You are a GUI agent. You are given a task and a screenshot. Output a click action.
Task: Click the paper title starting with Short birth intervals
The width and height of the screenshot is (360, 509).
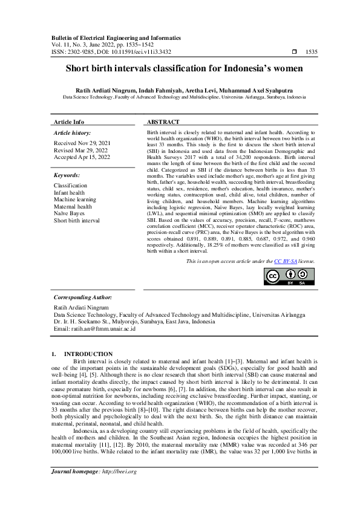click(180, 69)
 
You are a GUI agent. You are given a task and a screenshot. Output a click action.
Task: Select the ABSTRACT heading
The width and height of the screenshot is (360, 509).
click(163, 122)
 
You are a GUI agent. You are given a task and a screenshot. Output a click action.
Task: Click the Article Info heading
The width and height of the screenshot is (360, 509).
click(70, 122)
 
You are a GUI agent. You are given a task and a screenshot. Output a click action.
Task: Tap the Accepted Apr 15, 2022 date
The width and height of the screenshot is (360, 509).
click(82, 157)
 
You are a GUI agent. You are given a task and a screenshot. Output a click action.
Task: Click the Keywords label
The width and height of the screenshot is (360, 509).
click(67, 175)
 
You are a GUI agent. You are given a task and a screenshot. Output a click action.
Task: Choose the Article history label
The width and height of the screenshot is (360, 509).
click(73, 132)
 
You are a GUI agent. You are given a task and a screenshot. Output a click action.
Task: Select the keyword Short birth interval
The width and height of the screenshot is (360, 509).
click(77, 220)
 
